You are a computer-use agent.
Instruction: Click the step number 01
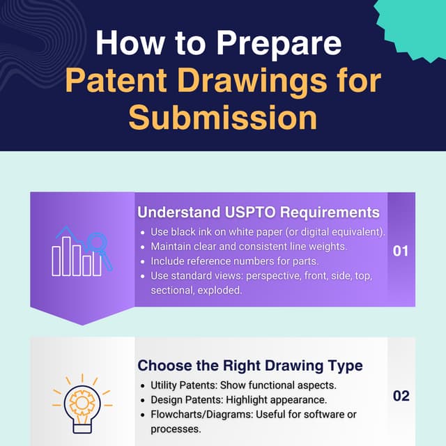(401, 251)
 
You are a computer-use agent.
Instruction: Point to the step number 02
(401, 396)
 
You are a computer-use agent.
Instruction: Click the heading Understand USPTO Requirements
(259, 213)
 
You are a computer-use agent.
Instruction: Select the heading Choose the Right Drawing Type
(250, 365)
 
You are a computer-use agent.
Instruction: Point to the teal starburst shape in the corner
(415, 24)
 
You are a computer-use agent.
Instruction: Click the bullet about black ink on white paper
(268, 232)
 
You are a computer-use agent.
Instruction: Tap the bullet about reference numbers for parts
(234, 261)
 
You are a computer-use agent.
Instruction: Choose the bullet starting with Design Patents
(238, 400)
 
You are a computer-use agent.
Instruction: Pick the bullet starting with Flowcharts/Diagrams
(254, 415)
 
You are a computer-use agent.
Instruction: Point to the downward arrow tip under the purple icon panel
(82, 322)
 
